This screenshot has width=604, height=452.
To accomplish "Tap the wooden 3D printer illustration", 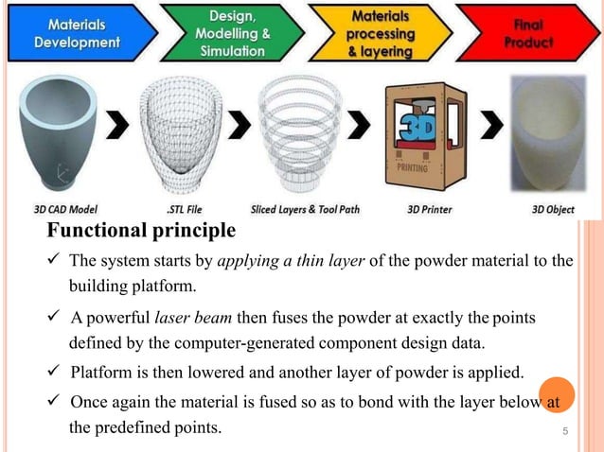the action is pos(422,139).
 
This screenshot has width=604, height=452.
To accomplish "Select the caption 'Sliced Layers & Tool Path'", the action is pos(305,210).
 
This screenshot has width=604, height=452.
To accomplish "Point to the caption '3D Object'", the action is pos(553,210).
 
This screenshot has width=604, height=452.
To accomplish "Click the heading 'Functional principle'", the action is pos(141,232).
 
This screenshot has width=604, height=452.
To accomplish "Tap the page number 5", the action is pos(564,433).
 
